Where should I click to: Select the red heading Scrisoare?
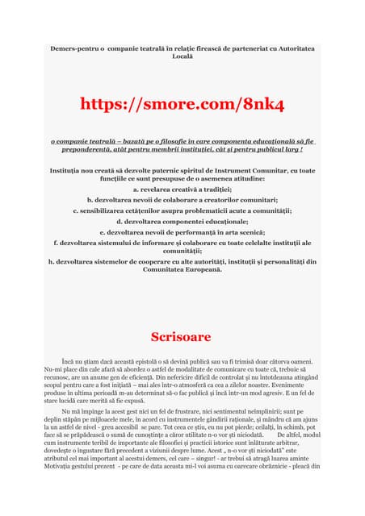182,337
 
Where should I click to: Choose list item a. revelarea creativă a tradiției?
182,188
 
